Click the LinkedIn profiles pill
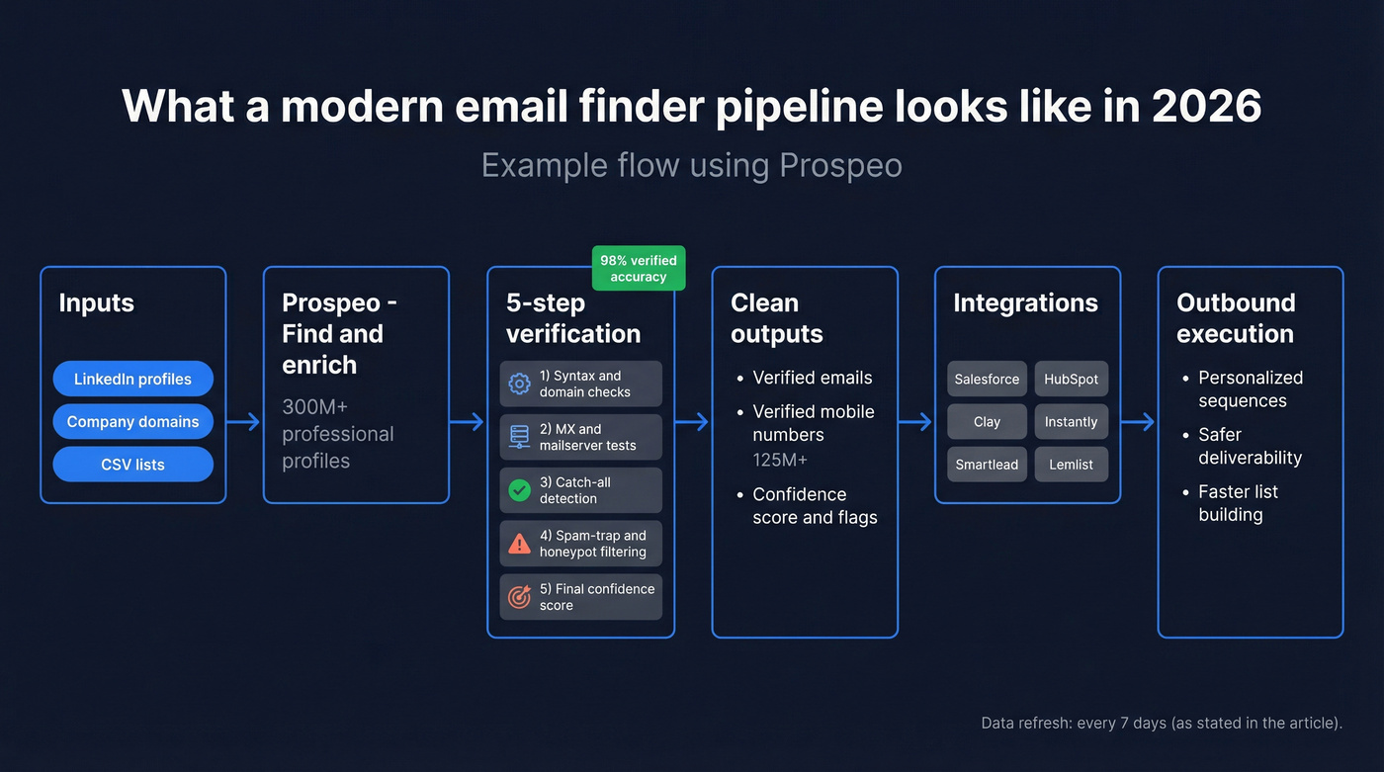click(132, 379)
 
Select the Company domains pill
click(132, 422)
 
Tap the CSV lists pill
click(132, 465)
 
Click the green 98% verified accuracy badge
click(639, 268)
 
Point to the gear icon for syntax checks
click(519, 384)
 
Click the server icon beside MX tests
click(519, 437)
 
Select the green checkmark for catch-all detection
click(519, 490)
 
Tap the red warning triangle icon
click(519, 544)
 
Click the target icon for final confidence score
click(519, 597)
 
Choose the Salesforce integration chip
click(987, 380)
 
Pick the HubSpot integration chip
click(1071, 380)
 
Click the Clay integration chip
click(987, 422)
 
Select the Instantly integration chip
click(1071, 422)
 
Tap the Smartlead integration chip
click(987, 465)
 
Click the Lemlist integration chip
click(1071, 465)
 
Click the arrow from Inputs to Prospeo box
click(244, 422)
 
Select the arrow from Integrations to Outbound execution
click(1139, 422)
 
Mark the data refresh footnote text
click(1162, 724)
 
